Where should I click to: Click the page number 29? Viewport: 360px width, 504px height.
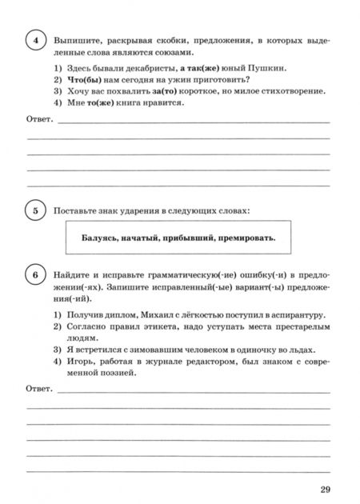point(324,489)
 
